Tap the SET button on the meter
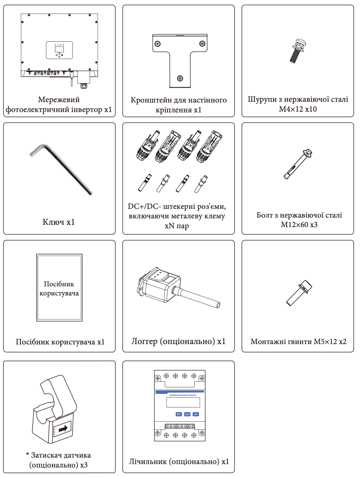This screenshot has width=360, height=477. pyautogui.click(x=179, y=414)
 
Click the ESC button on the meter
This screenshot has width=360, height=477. pyautogui.click(x=187, y=414)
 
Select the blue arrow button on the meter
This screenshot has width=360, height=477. pyautogui.click(x=196, y=414)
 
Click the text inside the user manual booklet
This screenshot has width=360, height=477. pyautogui.click(x=59, y=289)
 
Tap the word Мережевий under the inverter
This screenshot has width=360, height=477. pyautogui.click(x=59, y=100)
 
